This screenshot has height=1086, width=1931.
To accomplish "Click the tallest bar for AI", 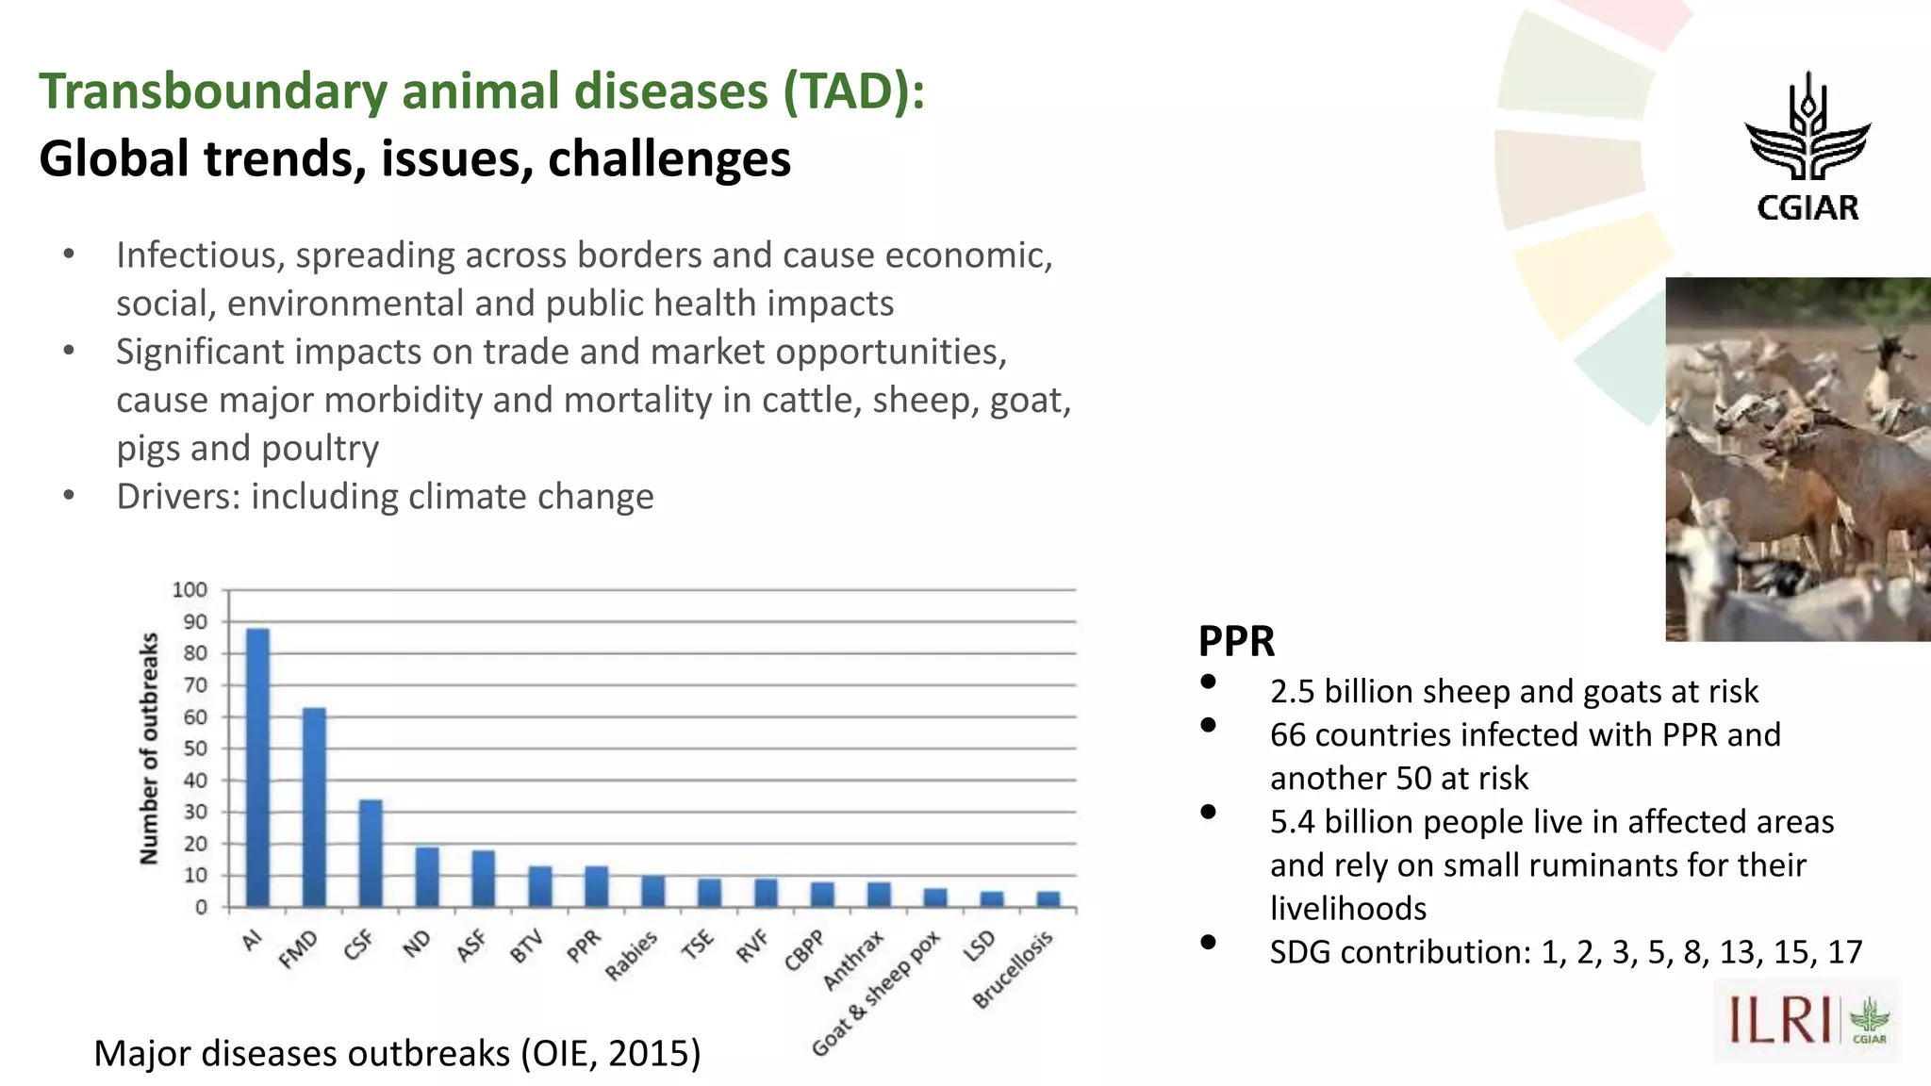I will (x=256, y=767).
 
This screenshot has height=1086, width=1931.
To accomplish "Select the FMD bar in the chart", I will (x=313, y=807).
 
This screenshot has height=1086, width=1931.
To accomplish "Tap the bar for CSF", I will (x=370, y=853).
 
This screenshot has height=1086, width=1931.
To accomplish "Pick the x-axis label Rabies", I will (x=632, y=956).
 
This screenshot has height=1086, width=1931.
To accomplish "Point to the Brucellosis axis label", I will (x=1013, y=969).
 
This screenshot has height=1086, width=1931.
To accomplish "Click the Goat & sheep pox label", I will (x=877, y=993).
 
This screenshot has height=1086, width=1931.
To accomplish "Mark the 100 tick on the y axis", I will (x=190, y=590).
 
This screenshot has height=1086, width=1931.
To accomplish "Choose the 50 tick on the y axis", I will (x=194, y=749).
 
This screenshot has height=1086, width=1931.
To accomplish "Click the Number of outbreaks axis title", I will (x=149, y=749).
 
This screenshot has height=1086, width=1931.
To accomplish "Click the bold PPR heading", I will (x=1236, y=642).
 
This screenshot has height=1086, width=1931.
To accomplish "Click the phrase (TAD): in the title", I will (x=852, y=91).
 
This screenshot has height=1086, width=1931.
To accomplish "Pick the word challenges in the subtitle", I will (x=668, y=158).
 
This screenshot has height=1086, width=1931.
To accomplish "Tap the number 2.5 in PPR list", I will (x=1292, y=692).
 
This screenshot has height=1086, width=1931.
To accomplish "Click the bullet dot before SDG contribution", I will (x=1208, y=942).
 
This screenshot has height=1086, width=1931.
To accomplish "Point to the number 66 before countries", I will (x=1288, y=735).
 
